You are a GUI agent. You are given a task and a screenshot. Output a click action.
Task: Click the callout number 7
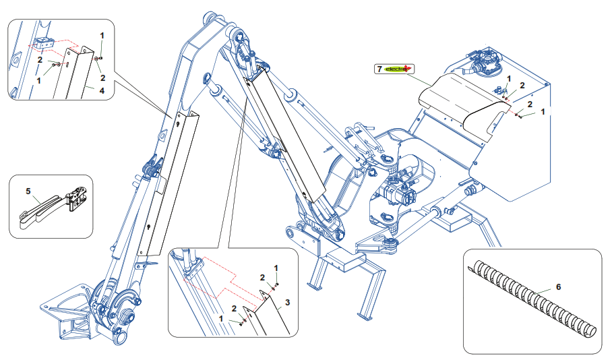click(x=379, y=69)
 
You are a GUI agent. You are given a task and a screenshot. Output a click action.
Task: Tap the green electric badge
click(x=398, y=69)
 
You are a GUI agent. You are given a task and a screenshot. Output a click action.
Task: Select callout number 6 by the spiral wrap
click(x=557, y=287)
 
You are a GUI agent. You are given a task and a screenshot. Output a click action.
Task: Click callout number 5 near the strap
click(x=28, y=191)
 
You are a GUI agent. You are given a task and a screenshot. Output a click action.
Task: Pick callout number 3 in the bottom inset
click(x=287, y=301)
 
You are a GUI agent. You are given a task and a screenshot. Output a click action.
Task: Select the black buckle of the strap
click(x=76, y=198)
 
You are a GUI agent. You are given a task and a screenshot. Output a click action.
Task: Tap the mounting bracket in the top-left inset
click(x=44, y=44)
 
